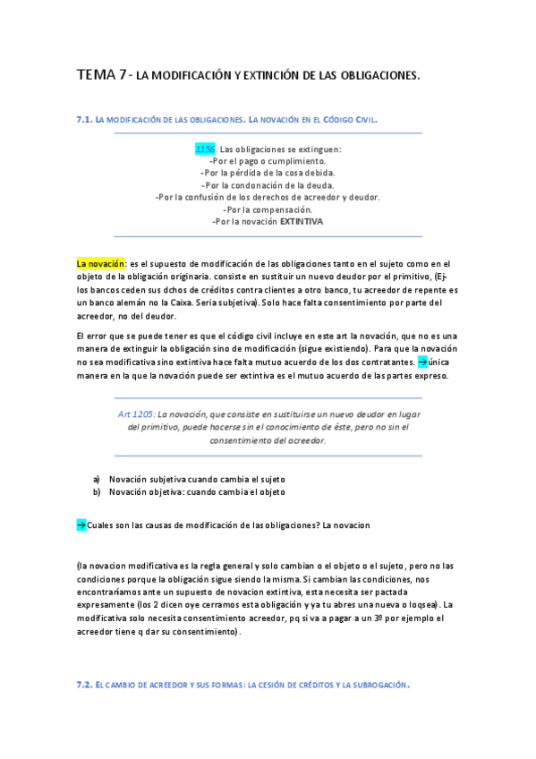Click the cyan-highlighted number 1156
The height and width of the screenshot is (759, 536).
[205, 149]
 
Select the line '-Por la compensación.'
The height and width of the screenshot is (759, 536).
[267, 209]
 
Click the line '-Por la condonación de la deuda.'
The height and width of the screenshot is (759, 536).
[267, 184]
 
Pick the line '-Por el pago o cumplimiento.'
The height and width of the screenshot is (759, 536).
[267, 160]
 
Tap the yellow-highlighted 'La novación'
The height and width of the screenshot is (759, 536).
[100, 264]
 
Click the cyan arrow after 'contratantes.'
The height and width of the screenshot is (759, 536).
[422, 362]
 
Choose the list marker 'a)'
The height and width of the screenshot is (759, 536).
[97, 479]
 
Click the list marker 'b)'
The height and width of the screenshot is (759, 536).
[97, 491]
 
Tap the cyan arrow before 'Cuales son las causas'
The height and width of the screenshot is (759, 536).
[81, 524]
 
